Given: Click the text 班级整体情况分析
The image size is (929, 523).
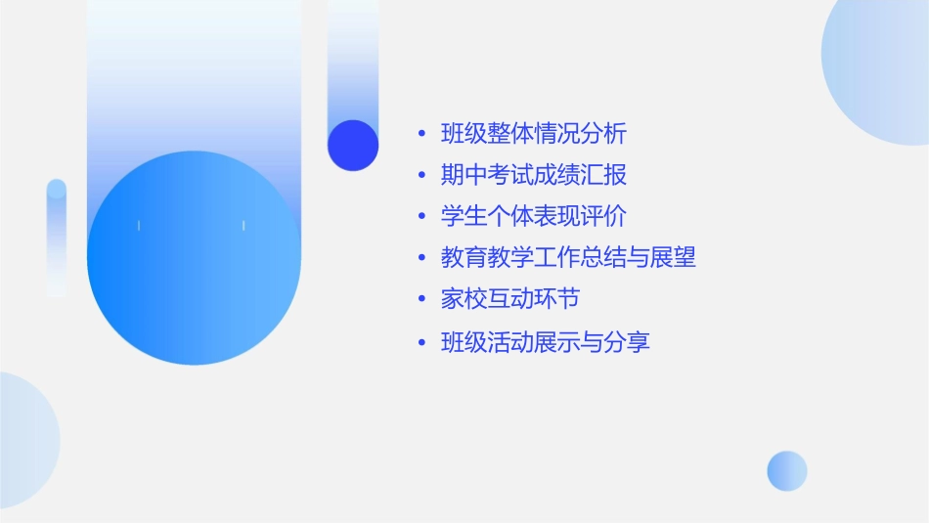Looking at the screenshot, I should point(534,133).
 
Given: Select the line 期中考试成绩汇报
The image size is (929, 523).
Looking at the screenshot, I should point(534,175).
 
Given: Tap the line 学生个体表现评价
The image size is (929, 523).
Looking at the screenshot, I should point(534,216).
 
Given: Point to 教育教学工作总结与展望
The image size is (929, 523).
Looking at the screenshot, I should point(568,258).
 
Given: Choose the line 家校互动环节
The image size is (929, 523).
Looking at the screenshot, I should point(510,299).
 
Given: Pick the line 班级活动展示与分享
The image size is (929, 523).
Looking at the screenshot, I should point(546,342).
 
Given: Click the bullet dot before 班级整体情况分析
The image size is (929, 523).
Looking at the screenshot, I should point(421,134).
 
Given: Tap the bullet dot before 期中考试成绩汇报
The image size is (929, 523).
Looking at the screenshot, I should point(421,176).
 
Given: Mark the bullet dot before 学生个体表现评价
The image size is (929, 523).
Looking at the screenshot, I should point(421,217).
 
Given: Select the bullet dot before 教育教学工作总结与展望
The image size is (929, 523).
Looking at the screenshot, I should point(421,259).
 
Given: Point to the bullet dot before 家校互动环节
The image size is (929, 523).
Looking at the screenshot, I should point(421,300).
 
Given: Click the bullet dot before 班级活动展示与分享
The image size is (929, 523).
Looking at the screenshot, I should point(421,343).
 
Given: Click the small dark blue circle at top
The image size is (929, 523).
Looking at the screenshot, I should point(353,145).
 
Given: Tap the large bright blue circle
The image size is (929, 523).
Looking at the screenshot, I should point(194,258).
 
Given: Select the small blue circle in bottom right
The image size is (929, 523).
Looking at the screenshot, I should point(787,470).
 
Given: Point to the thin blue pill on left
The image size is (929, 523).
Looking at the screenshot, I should point(57,238).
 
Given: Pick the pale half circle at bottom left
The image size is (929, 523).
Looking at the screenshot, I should point(24,440).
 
